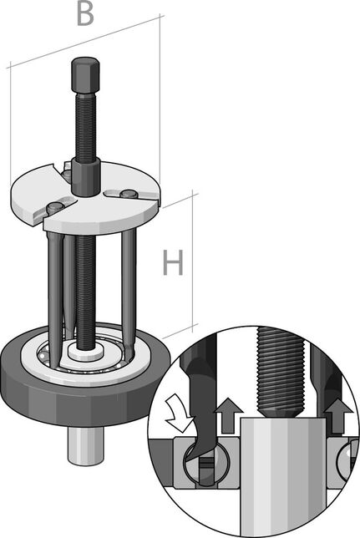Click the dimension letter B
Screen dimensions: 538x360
(x=84, y=15)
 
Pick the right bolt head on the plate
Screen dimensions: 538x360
(x=127, y=195)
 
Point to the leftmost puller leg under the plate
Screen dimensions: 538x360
(x=53, y=284)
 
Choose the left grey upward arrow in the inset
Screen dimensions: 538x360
(x=231, y=413)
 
